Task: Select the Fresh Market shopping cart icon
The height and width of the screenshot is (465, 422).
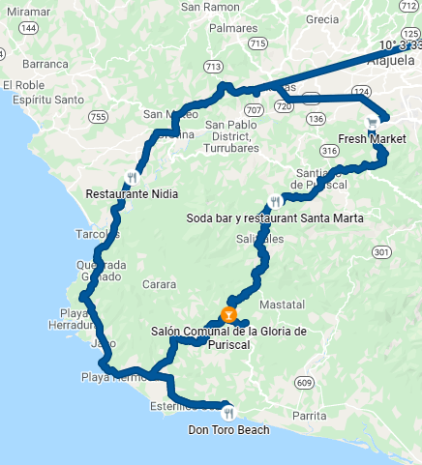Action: (x=373, y=123)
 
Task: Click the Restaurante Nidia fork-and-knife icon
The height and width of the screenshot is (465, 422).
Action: (x=132, y=177)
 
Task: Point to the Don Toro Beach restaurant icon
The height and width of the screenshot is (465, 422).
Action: (x=227, y=411)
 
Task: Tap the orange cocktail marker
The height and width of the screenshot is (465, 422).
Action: (x=228, y=314)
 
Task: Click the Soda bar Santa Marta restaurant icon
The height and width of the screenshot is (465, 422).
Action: (x=276, y=202)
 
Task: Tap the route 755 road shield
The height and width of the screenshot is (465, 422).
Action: (x=97, y=117)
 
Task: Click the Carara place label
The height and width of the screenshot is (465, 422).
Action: (x=159, y=284)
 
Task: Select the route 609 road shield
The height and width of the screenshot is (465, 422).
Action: (x=304, y=384)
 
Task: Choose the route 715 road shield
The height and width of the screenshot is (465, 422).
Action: (x=257, y=44)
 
